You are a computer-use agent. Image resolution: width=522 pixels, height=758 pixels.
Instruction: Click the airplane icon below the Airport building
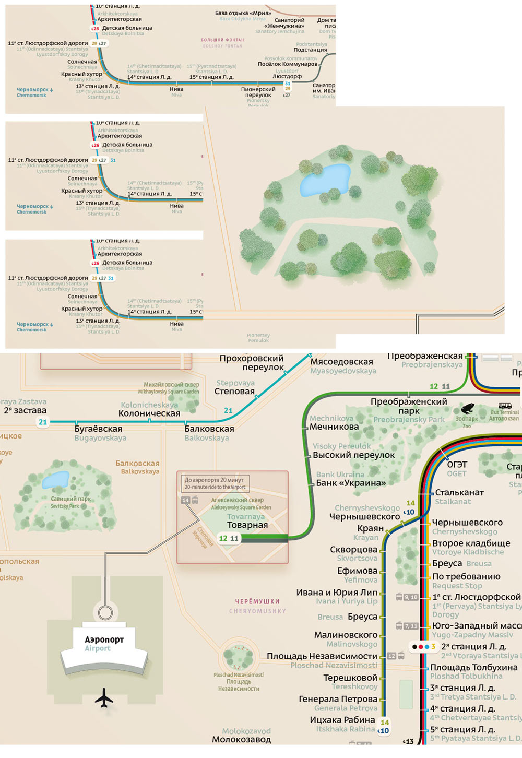tap(104, 697)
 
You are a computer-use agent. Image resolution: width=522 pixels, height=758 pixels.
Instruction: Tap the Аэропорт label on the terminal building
tap(104, 639)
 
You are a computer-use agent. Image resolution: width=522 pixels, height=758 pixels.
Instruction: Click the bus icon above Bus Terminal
tap(505, 406)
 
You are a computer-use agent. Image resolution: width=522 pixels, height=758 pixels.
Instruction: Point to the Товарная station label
tap(247, 525)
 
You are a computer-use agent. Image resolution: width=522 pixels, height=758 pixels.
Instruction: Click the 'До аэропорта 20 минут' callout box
tap(215, 483)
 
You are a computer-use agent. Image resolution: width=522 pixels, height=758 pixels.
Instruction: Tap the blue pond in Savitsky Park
tap(55, 479)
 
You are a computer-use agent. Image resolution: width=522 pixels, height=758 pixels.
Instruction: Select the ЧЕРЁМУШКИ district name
tap(257, 601)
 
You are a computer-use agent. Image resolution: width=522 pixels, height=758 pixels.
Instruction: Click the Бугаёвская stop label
tap(98, 429)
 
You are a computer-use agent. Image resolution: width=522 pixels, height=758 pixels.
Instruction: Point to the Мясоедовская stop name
tap(341, 362)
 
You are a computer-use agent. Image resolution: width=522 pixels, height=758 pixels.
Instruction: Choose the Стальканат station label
tap(459, 492)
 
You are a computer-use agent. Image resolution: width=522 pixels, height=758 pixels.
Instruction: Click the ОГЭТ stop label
tap(457, 464)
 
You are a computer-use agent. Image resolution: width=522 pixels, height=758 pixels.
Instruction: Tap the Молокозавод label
tap(241, 739)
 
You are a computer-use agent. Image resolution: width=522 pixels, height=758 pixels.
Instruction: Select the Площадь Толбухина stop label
tap(473, 667)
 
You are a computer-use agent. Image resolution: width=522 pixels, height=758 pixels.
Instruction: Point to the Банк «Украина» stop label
tap(351, 483)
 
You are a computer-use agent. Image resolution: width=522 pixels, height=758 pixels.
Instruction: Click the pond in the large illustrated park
tap(324, 179)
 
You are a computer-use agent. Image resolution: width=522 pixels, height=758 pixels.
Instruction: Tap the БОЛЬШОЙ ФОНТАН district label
tap(222, 40)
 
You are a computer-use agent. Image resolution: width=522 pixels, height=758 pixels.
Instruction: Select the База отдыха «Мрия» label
tap(243, 13)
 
